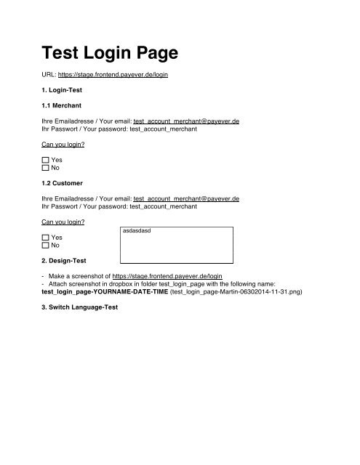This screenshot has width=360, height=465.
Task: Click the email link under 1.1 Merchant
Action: [187, 121]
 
